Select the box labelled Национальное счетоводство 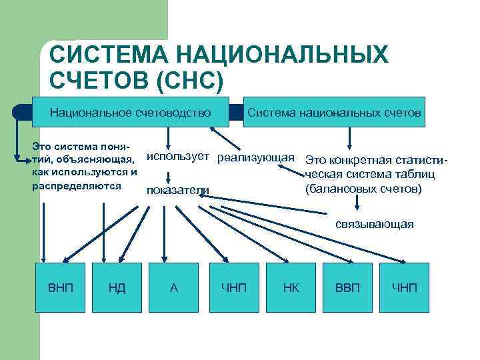131,113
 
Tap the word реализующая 256,157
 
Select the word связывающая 375,224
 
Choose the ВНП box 61,288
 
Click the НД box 117,288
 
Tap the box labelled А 174,288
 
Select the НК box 291,288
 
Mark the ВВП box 347,288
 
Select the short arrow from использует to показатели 169,175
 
